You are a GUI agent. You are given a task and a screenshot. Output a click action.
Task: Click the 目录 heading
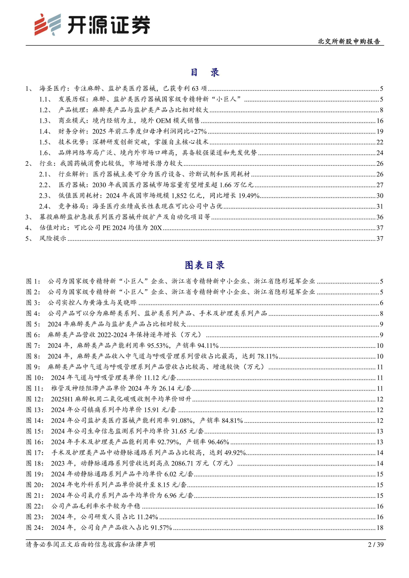pos(204,72)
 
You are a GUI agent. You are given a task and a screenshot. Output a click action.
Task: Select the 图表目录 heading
pos(204,265)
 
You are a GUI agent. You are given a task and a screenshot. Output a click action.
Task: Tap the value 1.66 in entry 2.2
pos(225,185)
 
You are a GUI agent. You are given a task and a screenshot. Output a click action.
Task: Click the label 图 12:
pos(35,399)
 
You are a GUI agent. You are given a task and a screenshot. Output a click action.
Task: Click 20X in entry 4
pos(156,228)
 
